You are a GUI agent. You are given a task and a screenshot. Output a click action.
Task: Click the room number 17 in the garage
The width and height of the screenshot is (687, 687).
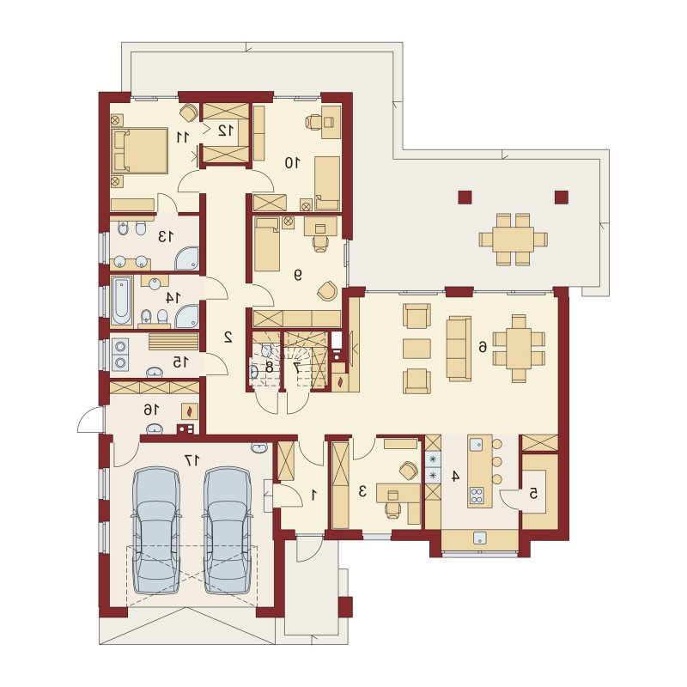tap(192, 460)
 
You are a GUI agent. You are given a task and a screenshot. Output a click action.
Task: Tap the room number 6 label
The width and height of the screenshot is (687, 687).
tap(482, 348)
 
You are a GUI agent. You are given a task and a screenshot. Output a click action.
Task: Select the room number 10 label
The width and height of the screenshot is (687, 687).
tap(292, 163)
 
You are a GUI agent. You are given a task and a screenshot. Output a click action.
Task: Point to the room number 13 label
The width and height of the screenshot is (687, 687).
tap(165, 237)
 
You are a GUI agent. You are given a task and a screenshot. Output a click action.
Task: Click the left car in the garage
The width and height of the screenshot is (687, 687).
tap(156, 531)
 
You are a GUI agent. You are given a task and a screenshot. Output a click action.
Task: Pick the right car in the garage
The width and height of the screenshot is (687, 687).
tap(228, 531)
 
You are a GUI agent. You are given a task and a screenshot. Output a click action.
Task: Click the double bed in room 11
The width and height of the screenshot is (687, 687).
tap(140, 150)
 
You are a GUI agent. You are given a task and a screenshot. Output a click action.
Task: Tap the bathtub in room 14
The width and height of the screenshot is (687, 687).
tap(121, 301)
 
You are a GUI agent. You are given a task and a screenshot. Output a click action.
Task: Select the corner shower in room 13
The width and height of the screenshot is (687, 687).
tap(187, 258)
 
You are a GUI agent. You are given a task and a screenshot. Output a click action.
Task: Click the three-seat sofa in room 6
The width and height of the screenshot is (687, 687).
tap(459, 348)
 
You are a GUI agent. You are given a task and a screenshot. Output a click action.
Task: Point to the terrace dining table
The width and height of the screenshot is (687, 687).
tap(513, 240)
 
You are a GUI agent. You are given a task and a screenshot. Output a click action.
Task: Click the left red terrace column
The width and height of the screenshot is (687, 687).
tap(465, 198)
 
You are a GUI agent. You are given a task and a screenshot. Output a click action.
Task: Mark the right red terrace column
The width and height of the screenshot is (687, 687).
tap(562, 198)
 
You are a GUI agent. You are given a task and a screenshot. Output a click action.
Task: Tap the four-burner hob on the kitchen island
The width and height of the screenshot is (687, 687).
tap(477, 495)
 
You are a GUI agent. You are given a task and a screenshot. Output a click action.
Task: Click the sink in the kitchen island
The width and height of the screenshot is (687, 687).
tap(476, 445)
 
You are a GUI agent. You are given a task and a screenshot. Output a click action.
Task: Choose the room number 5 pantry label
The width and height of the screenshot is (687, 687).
tap(533, 494)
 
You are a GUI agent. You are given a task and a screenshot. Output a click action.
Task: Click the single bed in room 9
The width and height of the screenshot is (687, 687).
tap(267, 244)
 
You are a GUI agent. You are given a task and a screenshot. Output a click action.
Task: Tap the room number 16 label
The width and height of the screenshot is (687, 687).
tap(150, 410)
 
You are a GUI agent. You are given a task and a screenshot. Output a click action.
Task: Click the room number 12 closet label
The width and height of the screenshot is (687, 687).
tap(226, 131)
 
